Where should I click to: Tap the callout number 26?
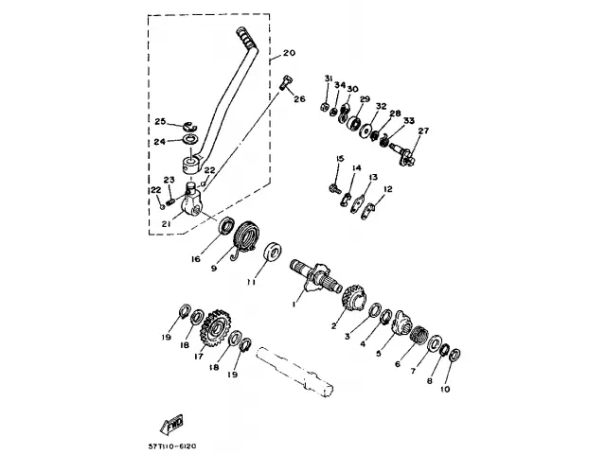click(x=299, y=98)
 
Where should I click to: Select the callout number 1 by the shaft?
click(x=294, y=303)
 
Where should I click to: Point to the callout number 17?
click(x=200, y=357)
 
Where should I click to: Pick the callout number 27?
click(x=423, y=131)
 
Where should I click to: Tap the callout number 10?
click(x=445, y=389)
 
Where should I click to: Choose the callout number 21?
click(x=167, y=224)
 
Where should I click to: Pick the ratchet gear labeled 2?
click(x=351, y=296)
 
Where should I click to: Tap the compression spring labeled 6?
click(x=418, y=335)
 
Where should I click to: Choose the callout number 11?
click(x=251, y=282)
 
